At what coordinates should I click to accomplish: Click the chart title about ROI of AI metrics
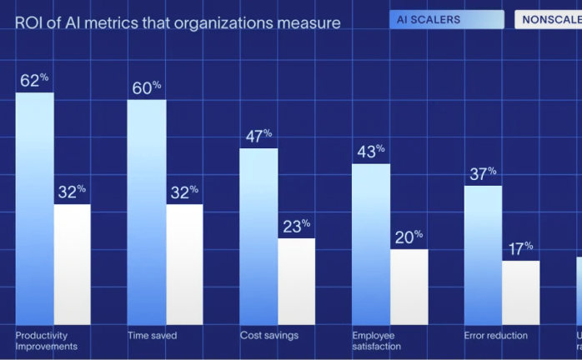178,23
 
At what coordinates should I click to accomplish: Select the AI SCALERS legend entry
446,19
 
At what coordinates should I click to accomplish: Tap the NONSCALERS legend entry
549,19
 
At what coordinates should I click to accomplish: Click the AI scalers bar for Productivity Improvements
35,208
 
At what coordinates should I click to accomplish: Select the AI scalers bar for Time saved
147,212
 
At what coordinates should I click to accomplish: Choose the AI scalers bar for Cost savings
258,237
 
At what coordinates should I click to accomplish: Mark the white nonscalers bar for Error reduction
520,292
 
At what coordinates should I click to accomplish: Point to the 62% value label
35,81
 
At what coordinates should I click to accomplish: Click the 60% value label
147,87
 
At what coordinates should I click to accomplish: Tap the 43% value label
370,152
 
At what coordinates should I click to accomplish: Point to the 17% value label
520,248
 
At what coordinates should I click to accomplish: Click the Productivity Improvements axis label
47,341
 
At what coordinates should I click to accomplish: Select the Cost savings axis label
268,336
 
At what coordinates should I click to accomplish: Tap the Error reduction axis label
495,336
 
